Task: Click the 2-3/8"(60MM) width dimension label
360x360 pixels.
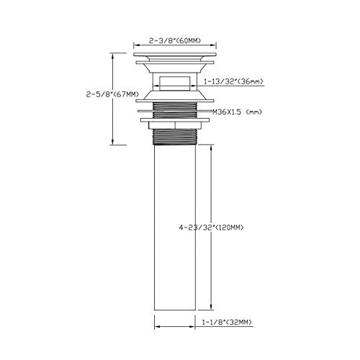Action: click(175, 40)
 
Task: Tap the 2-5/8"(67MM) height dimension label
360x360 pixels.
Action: click(113, 94)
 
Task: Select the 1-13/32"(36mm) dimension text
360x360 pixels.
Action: click(233, 81)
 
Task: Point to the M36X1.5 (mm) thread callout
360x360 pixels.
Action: click(237, 112)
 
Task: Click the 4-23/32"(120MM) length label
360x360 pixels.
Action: click(211, 228)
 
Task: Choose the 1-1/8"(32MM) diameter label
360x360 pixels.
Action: click(227, 322)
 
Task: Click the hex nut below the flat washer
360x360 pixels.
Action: click(175, 125)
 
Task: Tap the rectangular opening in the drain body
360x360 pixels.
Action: click(175, 84)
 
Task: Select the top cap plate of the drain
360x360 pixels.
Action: click(175, 55)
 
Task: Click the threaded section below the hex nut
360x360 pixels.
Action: click(175, 137)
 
